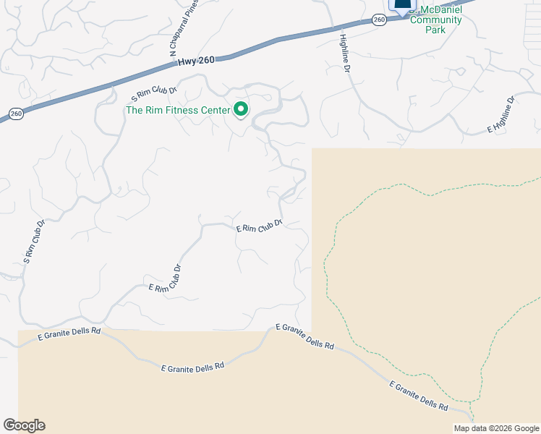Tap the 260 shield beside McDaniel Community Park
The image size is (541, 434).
pos(379,20)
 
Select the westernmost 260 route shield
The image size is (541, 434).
pos(16,114)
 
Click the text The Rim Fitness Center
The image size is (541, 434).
pos(178,111)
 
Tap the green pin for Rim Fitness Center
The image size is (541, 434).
pos(241,110)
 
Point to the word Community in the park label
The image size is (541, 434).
pos(436,20)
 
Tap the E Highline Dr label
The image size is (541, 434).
pos(500,114)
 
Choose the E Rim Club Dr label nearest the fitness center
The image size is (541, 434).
pos(258,226)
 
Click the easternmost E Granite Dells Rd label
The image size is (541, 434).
pos(417,396)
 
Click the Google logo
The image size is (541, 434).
pos(24,425)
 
